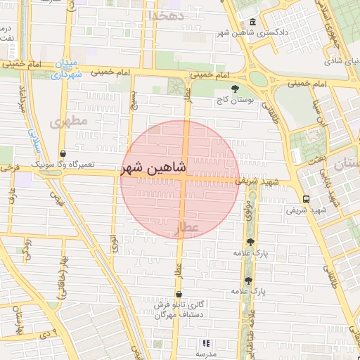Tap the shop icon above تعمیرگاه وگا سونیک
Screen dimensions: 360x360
[63, 153]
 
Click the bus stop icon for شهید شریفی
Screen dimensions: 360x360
[306, 199]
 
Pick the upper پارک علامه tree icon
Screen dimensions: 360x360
[251, 241]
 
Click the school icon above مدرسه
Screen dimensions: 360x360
[206, 343]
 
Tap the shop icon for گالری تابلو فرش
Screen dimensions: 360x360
[180, 295]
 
